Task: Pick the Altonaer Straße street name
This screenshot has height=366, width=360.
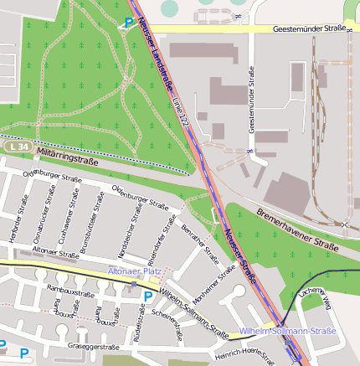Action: (54, 250)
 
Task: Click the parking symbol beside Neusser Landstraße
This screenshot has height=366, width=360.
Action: (128, 23)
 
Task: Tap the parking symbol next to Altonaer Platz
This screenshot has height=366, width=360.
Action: (148, 296)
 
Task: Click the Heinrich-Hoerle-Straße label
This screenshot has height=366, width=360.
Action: (244, 356)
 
